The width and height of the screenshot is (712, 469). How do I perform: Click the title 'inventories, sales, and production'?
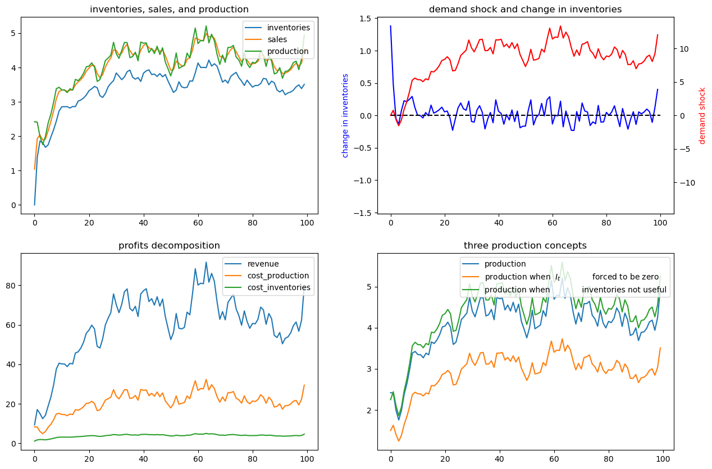pos(169,9)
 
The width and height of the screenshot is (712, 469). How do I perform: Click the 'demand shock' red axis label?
pos(702,116)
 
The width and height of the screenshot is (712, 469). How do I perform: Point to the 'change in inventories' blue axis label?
pos(345,115)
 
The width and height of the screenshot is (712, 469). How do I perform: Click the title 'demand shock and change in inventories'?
pos(525,9)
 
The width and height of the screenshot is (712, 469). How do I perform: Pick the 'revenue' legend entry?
pos(263,264)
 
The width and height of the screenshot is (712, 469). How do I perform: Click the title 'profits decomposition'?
pos(169,245)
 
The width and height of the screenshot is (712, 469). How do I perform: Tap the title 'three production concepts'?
pos(525,245)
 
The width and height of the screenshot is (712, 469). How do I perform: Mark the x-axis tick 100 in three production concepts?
pos(660,459)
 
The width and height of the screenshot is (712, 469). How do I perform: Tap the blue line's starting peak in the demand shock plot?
pos(391,26)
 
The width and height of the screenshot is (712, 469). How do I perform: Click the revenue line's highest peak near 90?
pos(206,262)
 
